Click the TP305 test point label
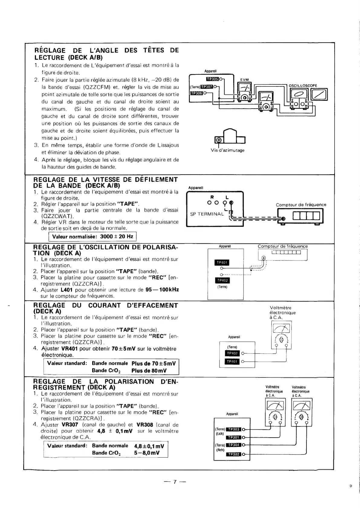(212, 79)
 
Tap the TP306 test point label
(196, 93)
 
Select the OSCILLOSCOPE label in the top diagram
(303, 86)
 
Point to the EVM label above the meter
(244, 80)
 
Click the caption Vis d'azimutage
(228, 150)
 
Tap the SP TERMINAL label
(207, 214)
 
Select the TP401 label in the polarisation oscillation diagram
(222, 263)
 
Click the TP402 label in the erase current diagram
(232, 353)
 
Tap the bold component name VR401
(69, 349)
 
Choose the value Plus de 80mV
(149, 371)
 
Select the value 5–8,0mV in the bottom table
(147, 453)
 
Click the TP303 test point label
(233, 429)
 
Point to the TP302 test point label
(233, 454)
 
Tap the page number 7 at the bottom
(174, 482)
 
